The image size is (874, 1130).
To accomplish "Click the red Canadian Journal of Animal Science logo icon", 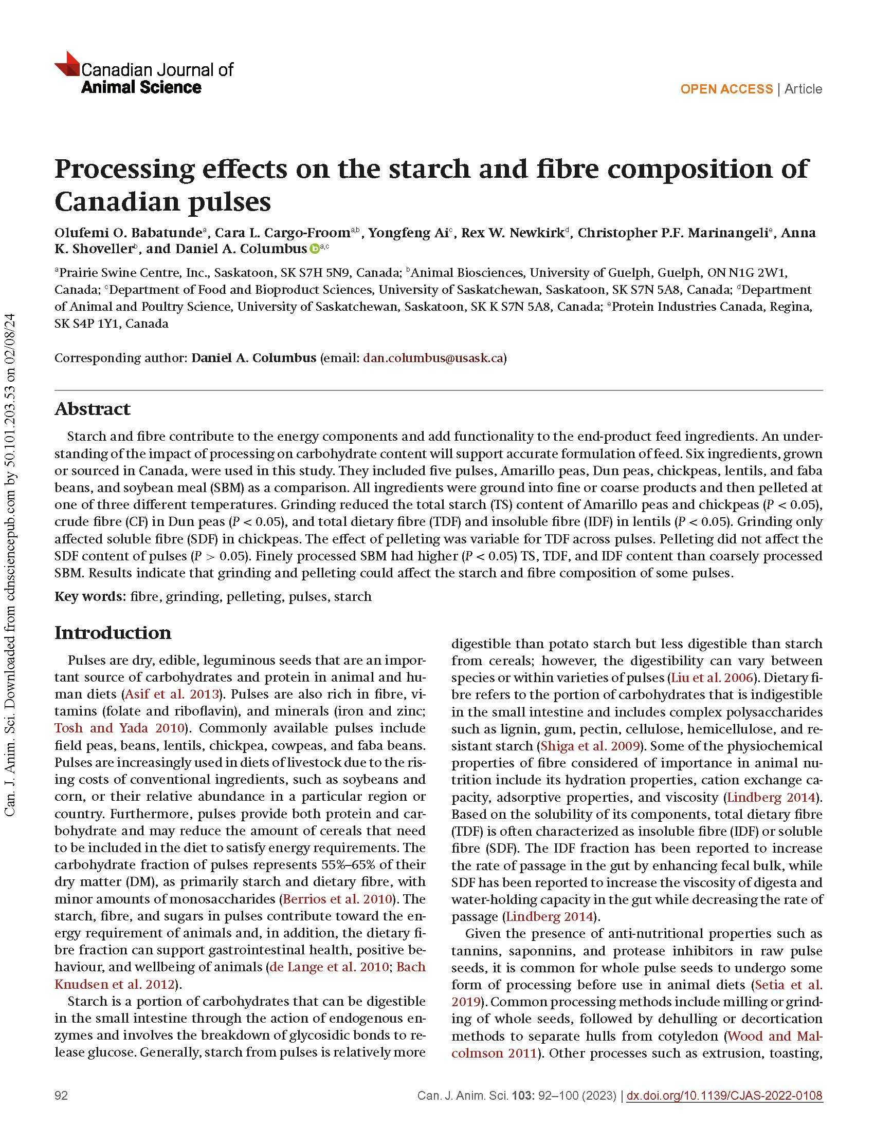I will coord(67,65).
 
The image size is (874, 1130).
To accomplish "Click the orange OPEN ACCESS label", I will coord(726,89).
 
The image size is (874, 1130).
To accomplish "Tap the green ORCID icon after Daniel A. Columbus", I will coord(314,249).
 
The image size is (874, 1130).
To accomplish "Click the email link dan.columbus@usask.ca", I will coord(433,357).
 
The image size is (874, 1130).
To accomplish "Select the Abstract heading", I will coord(92,409).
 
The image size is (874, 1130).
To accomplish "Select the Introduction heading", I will coord(113,632).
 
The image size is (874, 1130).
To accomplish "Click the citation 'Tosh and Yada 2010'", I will coord(120,728).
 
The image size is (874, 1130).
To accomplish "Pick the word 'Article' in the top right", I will coord(803,89).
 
